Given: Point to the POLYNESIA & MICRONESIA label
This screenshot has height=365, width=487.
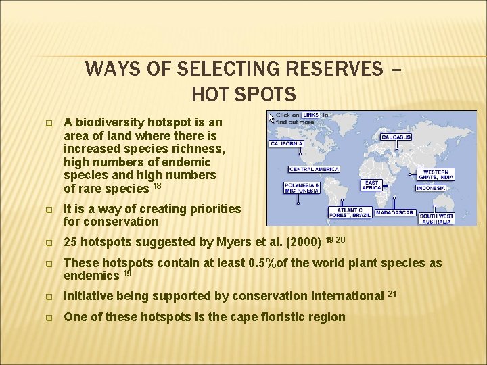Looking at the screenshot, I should [x=302, y=187].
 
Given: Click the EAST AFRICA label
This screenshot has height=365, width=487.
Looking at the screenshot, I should [x=371, y=185].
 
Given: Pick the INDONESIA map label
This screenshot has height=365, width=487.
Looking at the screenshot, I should [x=431, y=188].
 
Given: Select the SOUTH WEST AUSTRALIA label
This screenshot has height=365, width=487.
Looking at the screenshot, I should [x=436, y=218].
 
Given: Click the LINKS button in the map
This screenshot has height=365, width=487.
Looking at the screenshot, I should [x=311, y=116].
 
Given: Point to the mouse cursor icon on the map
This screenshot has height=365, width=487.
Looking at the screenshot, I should [x=272, y=118].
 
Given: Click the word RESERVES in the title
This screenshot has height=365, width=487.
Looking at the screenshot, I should [x=338, y=69].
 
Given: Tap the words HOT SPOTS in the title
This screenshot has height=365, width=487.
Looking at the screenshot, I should [x=243, y=93].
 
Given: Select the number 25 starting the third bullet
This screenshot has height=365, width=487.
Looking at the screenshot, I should [x=71, y=242].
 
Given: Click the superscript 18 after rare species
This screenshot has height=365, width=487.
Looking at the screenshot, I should [x=157, y=185].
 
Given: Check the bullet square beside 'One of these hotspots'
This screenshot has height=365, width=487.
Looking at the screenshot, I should [x=49, y=318].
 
